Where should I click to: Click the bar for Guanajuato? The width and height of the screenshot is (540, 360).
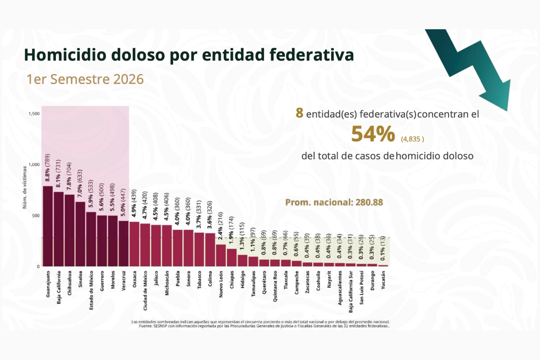click(x=48, y=226)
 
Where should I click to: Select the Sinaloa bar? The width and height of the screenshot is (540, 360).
click(x=80, y=234)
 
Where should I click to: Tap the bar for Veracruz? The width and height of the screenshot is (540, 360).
click(x=123, y=243)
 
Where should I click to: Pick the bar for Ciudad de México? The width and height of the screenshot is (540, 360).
click(x=145, y=245)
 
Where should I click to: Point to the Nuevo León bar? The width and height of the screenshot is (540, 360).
click(x=221, y=255)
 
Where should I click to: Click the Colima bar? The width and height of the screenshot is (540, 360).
click(x=210, y=250)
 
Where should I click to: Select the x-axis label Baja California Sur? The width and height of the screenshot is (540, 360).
click(x=351, y=292)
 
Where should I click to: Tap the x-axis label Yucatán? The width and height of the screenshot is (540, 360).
click(x=383, y=280)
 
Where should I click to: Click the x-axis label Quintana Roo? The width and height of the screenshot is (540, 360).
click(x=275, y=286)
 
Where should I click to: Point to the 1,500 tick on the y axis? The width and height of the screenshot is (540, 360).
click(x=34, y=114)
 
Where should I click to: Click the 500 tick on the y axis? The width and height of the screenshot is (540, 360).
click(x=36, y=216)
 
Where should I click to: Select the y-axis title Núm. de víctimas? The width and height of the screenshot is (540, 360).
click(x=25, y=187)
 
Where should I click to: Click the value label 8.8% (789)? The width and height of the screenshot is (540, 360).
click(x=48, y=168)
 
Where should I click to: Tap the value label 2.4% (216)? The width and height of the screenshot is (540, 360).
click(x=220, y=226)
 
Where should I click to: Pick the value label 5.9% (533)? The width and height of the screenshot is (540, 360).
click(x=90, y=193)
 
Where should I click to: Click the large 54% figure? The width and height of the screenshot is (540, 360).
click(x=373, y=134)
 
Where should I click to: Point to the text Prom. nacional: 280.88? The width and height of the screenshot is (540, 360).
click(x=334, y=202)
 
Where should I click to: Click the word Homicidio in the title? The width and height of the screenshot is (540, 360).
click(x=65, y=55)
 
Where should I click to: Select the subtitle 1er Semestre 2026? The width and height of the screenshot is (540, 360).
click(x=85, y=79)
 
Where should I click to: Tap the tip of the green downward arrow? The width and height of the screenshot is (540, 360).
click(x=507, y=111)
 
